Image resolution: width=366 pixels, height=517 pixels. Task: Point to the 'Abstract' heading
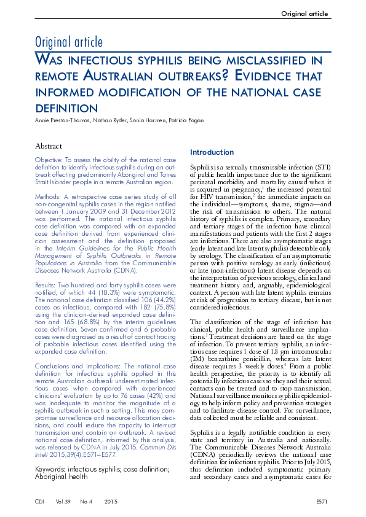tap(49, 146)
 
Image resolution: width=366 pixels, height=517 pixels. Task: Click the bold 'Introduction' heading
tap(212, 152)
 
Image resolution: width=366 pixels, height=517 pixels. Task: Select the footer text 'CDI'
tap(41, 502)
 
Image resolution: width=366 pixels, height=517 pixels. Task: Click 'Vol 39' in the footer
tap(63, 502)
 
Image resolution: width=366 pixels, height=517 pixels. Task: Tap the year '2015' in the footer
tap(111, 502)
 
